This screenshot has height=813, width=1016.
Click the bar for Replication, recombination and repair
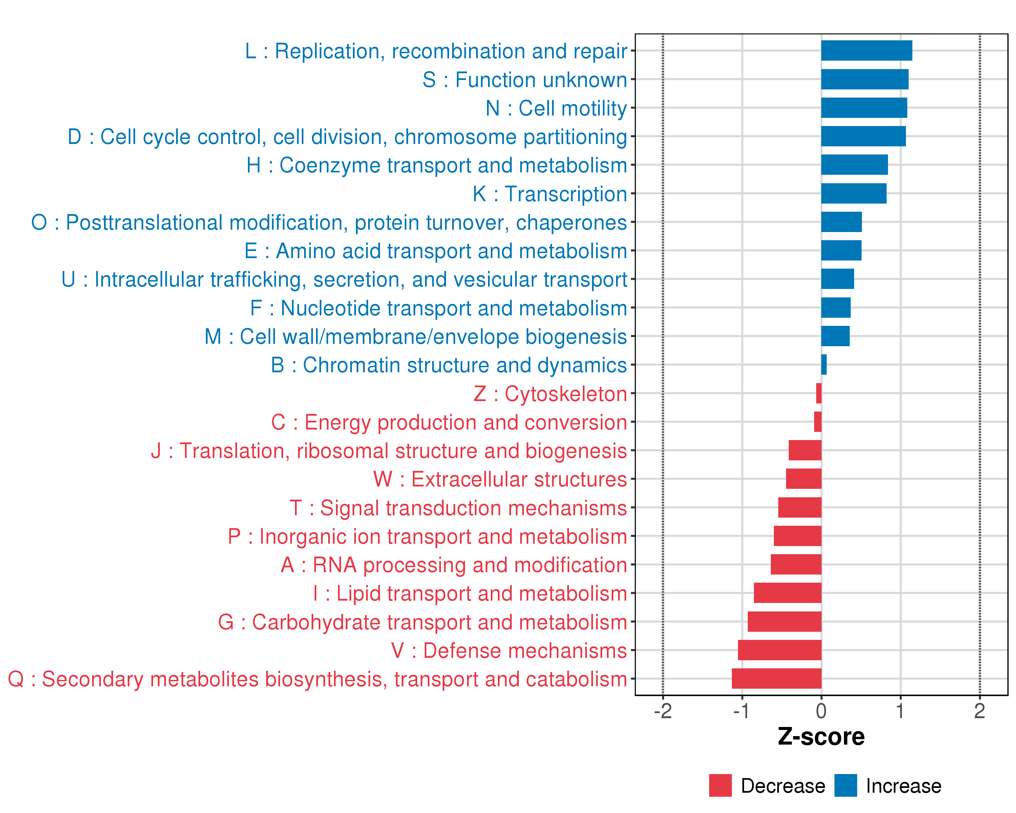[866, 50]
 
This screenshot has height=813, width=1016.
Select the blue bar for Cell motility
[864, 108]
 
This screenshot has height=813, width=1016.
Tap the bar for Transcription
[853, 193]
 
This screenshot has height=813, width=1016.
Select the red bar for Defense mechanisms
[779, 650]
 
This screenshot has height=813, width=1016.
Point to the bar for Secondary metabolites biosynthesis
[776, 679]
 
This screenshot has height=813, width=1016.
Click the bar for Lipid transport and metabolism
[787, 593]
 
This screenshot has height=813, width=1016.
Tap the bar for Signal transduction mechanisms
[800, 507]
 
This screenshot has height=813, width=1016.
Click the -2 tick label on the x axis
[662, 711]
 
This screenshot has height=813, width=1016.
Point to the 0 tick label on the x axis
[821, 711]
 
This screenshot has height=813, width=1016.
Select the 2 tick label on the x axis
[979, 711]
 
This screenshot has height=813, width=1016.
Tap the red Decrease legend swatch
[720, 786]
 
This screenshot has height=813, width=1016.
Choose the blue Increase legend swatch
[845, 786]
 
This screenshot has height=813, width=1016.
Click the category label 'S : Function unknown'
[525, 80]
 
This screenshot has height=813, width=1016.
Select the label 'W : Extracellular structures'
[500, 479]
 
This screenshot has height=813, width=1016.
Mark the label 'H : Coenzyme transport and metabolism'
[436, 165]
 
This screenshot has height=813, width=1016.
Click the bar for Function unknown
[864, 79]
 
